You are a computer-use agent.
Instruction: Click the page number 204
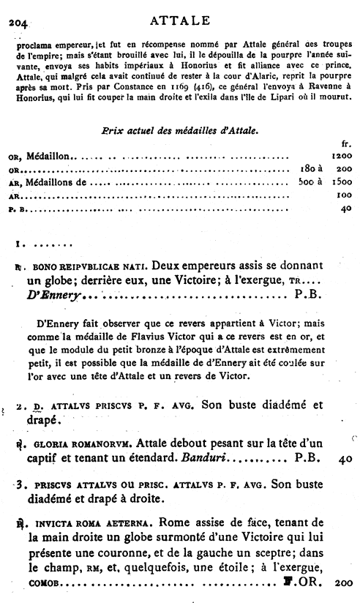(x=17, y=23)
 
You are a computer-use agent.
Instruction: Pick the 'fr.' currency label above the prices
(x=347, y=143)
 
